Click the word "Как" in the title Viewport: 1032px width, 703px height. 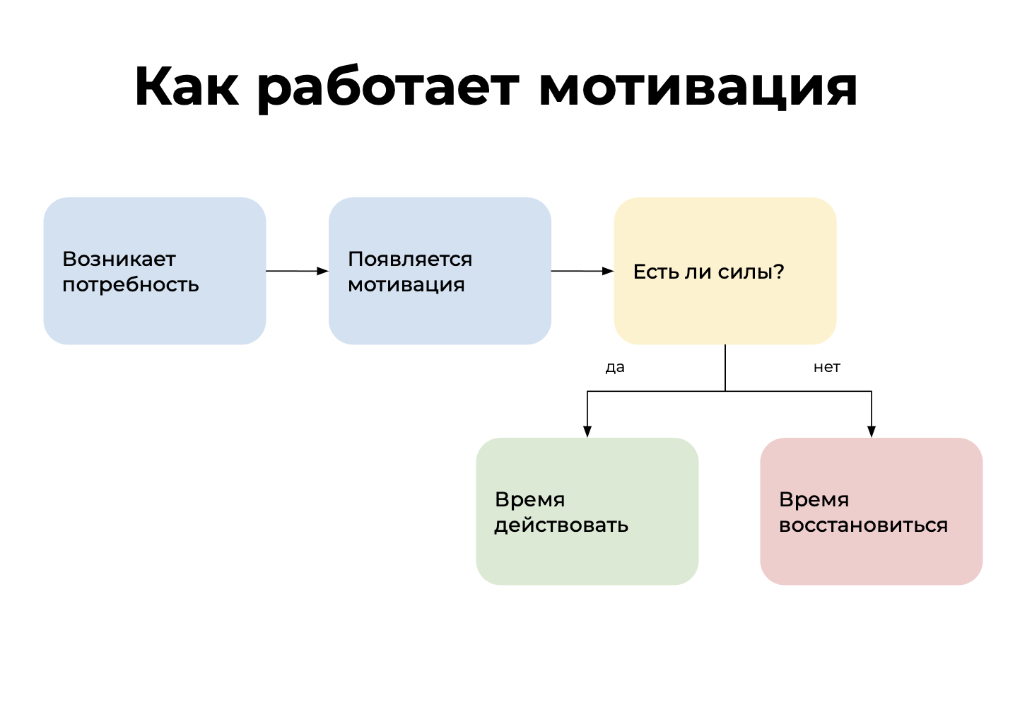tap(186, 87)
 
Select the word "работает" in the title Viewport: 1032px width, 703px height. tap(388, 87)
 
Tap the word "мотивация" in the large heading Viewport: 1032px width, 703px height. tap(698, 87)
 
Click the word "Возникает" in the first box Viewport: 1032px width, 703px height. tap(119, 259)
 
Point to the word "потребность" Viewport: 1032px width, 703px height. tap(131, 284)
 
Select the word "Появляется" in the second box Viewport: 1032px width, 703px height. tap(410, 259)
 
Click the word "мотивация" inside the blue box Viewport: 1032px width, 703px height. tap(406, 284)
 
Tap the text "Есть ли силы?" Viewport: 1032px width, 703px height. tap(708, 272)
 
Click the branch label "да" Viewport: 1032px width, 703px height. tap(615, 367)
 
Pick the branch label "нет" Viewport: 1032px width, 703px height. tap(826, 367)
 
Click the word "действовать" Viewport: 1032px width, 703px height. tap(561, 525)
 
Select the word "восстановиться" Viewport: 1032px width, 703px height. tap(863, 525)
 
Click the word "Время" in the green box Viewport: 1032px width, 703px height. tap(530, 499)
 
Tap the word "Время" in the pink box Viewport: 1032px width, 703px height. tap(814, 499)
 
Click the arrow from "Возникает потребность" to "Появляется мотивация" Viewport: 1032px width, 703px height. tap(297, 271)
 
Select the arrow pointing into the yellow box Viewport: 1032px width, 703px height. tap(582, 271)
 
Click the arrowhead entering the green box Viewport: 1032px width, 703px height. tap(587, 431)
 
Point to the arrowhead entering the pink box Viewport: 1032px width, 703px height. tap(872, 431)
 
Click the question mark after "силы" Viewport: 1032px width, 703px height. tap(779, 272)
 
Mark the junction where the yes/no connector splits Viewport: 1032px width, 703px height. tap(725, 391)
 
